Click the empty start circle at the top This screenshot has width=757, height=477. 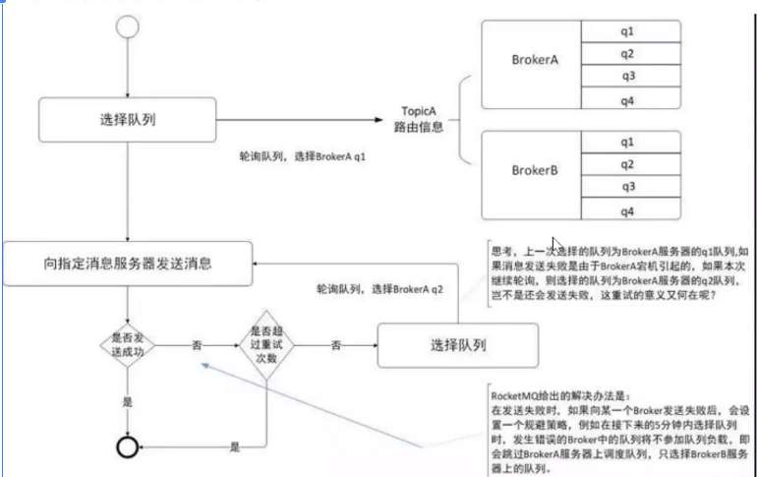(x=127, y=27)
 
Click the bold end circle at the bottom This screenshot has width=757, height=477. (x=126, y=447)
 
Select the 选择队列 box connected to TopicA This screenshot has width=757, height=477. (x=127, y=121)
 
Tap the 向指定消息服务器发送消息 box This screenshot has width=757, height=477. (x=127, y=264)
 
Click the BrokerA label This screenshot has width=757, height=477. (x=535, y=61)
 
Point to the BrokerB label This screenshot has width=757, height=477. (x=535, y=170)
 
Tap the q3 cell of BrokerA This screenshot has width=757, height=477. (x=626, y=76)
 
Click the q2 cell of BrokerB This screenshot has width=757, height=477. (x=626, y=163)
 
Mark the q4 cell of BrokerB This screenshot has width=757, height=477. (x=626, y=209)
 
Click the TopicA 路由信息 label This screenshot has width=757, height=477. (x=424, y=120)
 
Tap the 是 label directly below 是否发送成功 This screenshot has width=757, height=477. (x=127, y=402)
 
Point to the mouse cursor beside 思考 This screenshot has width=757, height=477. (x=556, y=245)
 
